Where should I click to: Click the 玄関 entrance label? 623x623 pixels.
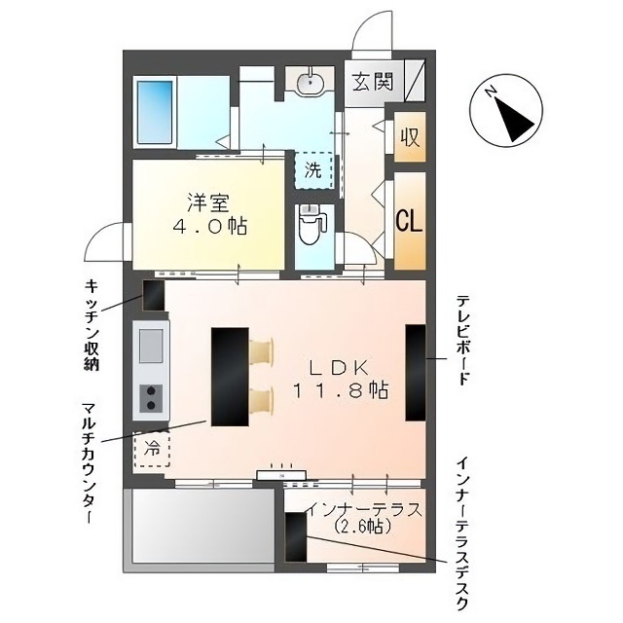coord(373,82)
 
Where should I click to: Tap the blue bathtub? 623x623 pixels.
coord(156,113)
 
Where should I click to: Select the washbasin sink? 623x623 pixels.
coord(311,83)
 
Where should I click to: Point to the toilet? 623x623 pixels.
coord(313,225)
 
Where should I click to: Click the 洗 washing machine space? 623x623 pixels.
coord(313,171)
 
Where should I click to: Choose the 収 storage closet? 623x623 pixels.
coord(410,136)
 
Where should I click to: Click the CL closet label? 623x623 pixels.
coord(409,221)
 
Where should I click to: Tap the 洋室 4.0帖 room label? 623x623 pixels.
coord(209,215)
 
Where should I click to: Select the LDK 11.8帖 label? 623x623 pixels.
coord(341,380)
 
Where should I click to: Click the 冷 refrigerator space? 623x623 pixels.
coord(152,449)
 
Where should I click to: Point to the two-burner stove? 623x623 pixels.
coord(151,398)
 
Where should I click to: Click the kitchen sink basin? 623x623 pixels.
coord(151,346)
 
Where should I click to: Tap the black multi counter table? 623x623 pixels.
coord(230,377)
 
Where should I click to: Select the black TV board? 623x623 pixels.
coord(416,373)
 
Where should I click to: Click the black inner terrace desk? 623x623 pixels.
coord(296,536)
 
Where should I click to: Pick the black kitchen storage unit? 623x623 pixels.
coord(154,296)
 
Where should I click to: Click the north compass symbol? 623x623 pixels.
coord(506,110)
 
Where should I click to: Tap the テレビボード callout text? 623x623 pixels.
coord(461,340)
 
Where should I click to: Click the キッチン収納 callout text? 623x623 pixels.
coord(92,324)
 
